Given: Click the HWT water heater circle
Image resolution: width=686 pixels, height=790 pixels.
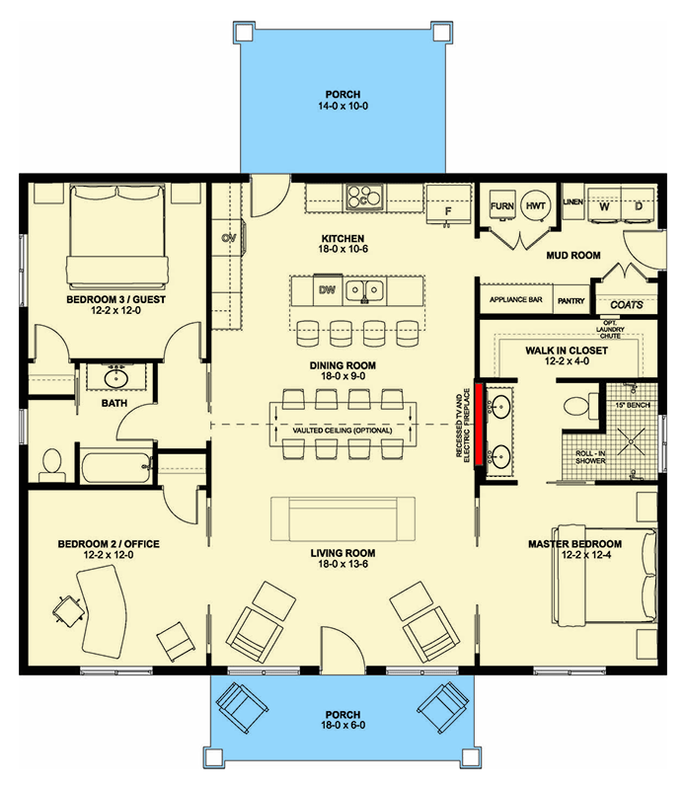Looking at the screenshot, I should (536, 206).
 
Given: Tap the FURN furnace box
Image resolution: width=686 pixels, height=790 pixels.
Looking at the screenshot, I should (503, 206).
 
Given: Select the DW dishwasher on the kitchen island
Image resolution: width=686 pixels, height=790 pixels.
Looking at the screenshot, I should (327, 290).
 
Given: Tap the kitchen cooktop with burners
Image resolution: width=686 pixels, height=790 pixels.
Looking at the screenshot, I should (363, 197).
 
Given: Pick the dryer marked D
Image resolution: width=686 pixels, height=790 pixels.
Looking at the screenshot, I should (638, 206).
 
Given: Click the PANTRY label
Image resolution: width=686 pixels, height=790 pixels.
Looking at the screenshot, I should (571, 299).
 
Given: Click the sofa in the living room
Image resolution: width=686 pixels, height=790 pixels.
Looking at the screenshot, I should (343, 516).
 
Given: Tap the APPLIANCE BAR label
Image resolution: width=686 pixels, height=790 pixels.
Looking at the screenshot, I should (511, 299).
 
